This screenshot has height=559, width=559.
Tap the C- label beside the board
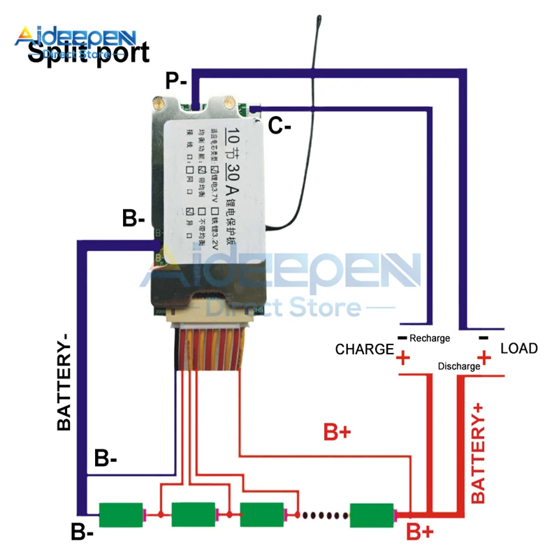(280, 126)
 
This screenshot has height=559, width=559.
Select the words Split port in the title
(88, 52)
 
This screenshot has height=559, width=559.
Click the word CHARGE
(365, 349)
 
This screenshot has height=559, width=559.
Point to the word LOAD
(518, 348)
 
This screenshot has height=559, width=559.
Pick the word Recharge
(430, 338)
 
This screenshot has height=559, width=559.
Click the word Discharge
(458, 366)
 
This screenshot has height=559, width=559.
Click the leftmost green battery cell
(121, 515)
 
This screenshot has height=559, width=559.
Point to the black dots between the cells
(321, 516)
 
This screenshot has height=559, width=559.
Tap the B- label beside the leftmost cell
(83, 532)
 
